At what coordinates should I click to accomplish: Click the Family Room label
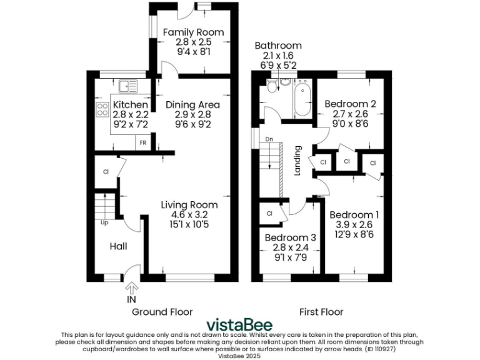193,32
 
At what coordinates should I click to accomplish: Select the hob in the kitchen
101,111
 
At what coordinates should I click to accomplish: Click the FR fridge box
143,142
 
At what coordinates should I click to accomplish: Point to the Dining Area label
192,104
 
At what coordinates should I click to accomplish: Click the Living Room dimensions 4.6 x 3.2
189,214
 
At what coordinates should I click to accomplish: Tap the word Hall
119,246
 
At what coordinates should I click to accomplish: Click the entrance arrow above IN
132,287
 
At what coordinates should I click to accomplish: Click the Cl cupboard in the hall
106,172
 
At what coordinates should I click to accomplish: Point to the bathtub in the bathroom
302,99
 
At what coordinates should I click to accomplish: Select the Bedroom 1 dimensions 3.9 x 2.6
354,224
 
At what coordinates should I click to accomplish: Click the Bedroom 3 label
290,237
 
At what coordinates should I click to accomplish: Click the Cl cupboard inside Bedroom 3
270,213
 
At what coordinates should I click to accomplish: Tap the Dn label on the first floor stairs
269,139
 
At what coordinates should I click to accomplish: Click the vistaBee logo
239,325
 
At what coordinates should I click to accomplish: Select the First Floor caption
321,312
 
